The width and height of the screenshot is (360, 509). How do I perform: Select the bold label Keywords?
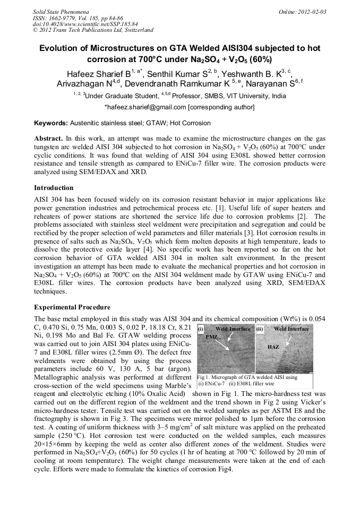(50, 123)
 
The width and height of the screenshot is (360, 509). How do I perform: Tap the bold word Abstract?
(48, 137)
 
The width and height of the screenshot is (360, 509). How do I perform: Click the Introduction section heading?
(54, 188)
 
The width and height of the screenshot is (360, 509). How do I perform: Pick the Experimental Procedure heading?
(72, 307)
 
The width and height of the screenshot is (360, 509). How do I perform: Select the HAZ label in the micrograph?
(273, 347)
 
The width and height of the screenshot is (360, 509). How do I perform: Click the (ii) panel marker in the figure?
(260, 329)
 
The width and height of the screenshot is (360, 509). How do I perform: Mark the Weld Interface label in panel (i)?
(233, 329)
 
